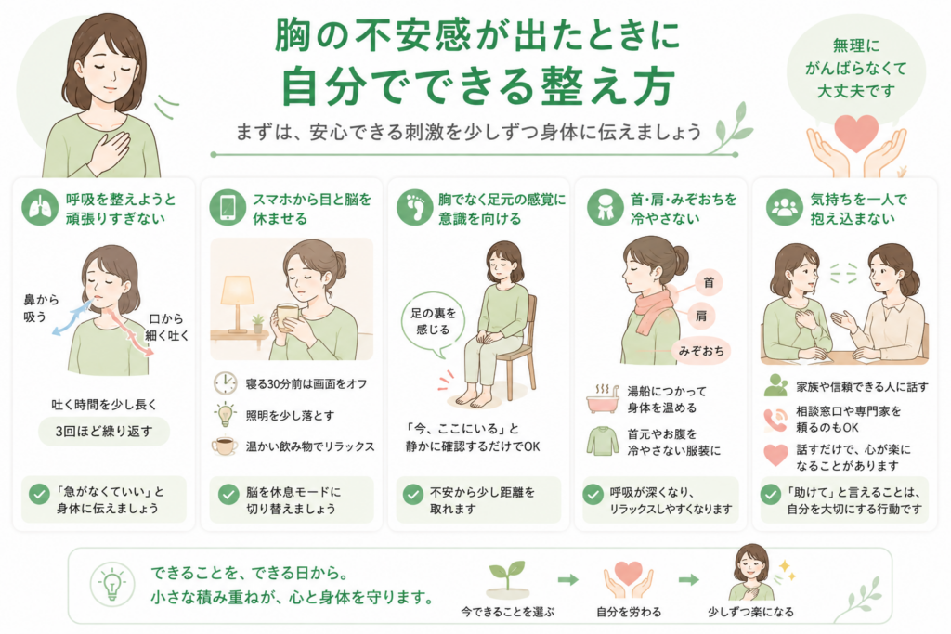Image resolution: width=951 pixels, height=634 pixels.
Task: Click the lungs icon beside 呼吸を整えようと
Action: click(40, 207)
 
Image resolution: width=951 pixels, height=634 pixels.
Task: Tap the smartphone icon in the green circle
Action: click(228, 207)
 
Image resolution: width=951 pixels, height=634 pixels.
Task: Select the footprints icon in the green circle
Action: click(415, 207)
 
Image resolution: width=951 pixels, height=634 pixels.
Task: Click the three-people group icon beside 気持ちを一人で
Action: click(784, 207)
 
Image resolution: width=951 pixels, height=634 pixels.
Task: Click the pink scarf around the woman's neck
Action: click(654, 308)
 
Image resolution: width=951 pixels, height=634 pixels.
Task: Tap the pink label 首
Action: click(708, 283)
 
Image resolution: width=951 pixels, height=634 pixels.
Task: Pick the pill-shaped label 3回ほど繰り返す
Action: click(104, 432)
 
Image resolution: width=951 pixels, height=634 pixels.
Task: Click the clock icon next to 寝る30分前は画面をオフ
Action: click(225, 383)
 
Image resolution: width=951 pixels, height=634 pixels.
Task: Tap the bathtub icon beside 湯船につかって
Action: click(602, 399)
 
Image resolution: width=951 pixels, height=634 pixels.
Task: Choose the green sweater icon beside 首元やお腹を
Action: click(602, 441)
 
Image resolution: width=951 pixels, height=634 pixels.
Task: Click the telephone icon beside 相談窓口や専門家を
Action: click(775, 420)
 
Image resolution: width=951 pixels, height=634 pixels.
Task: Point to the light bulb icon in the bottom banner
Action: click(112, 584)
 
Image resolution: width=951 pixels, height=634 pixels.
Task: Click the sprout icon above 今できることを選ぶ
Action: click(508, 578)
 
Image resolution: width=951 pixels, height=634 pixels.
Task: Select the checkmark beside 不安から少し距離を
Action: click(413, 494)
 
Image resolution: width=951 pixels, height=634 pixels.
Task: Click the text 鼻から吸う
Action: click(41, 308)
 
